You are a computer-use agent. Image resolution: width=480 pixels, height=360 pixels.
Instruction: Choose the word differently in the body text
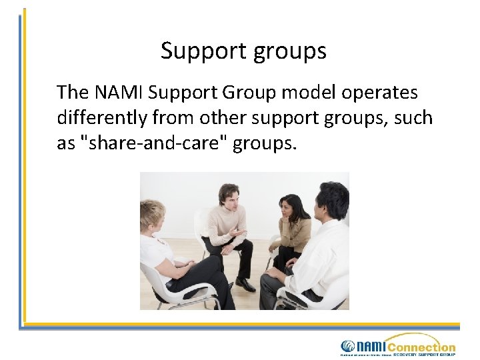pyautogui.click(x=102, y=118)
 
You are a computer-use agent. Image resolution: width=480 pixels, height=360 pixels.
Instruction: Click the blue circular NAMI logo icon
pyautogui.click(x=348, y=346)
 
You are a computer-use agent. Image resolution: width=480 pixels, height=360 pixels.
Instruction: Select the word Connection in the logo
pyautogui.click(x=421, y=347)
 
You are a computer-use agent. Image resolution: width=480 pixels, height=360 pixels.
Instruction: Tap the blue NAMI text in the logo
pyautogui.click(x=371, y=346)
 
